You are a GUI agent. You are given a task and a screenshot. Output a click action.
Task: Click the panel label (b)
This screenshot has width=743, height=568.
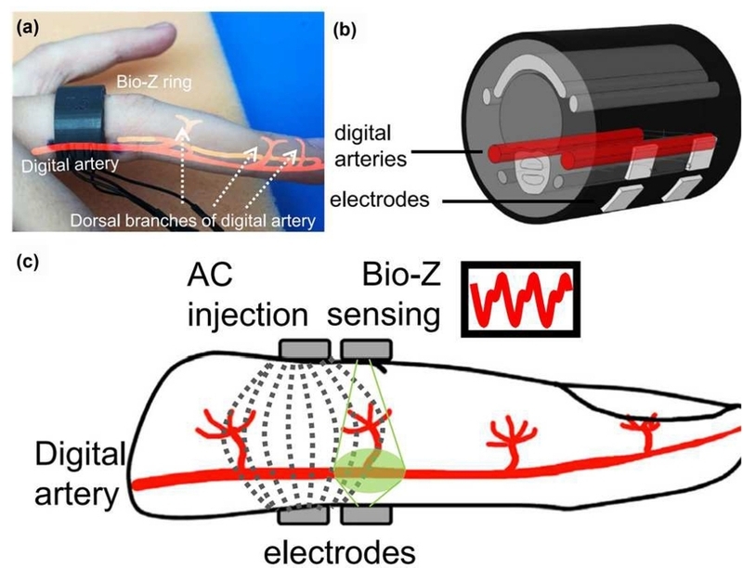[345, 31]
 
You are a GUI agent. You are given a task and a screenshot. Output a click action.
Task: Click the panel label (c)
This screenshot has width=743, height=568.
[27, 262]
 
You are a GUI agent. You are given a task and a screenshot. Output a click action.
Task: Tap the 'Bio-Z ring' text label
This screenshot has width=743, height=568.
[154, 83]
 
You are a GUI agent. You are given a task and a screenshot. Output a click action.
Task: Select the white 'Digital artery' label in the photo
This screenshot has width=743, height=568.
[71, 165]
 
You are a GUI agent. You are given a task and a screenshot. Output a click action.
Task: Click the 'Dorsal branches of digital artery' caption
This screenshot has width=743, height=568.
[193, 221]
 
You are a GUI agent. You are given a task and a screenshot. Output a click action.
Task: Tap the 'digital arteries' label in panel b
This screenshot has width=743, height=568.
[371, 146]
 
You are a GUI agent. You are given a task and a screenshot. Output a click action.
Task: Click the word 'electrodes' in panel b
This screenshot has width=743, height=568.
[380, 200]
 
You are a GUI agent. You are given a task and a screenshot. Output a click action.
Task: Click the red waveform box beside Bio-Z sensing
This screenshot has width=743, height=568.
[521, 299]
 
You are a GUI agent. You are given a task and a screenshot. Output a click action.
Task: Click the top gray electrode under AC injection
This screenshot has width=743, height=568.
[305, 349]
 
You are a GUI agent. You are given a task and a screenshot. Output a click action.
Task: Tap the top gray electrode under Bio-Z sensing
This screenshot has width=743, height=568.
[367, 349]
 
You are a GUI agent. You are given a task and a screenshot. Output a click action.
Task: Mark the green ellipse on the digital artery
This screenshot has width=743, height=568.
[370, 471]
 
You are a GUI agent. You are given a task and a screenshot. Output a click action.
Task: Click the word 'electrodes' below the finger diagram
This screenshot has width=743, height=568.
[339, 552]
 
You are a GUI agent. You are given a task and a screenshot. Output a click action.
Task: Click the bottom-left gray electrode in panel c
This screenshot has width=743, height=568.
[304, 514]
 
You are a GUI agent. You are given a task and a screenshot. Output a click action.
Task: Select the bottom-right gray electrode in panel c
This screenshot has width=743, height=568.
[367, 514]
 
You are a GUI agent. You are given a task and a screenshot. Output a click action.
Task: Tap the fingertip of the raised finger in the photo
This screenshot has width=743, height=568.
[168, 32]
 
